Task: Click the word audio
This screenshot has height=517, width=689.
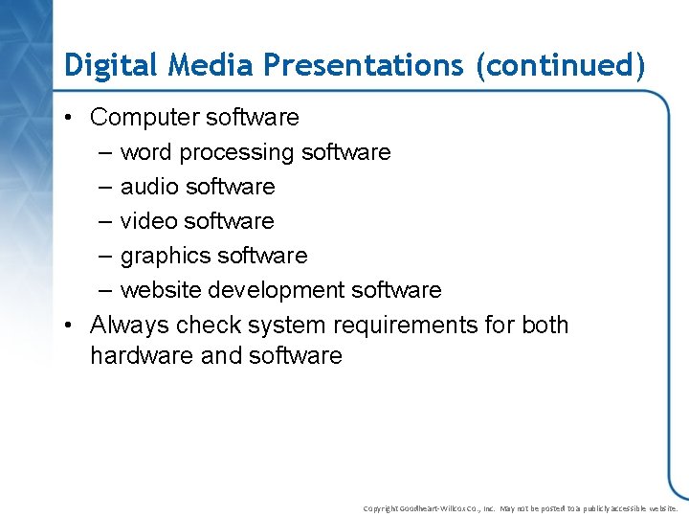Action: (149, 187)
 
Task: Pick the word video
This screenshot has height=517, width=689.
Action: (149, 221)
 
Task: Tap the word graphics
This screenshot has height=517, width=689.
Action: (166, 256)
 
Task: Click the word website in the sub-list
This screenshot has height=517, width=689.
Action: (162, 290)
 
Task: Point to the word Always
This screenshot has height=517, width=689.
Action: (128, 326)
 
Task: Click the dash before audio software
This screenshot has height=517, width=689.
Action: (102, 187)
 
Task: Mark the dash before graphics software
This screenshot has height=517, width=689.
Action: (102, 256)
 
